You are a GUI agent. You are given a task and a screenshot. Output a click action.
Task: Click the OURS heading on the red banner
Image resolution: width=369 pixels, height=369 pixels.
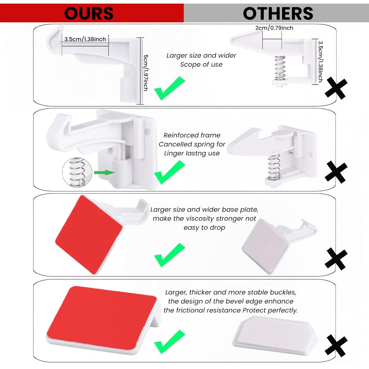pyautogui.click(x=89, y=14)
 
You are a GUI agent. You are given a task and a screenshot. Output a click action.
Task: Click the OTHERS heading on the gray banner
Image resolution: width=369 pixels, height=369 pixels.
pyautogui.click(x=278, y=14)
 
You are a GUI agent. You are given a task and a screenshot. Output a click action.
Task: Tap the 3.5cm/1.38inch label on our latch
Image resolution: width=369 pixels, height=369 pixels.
pyautogui.click(x=85, y=39)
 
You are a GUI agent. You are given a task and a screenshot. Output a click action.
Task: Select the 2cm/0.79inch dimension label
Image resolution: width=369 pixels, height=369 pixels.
pyautogui.click(x=274, y=28)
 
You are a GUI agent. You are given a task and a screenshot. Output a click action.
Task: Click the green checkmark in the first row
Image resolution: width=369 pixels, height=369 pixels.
pyautogui.click(x=169, y=88)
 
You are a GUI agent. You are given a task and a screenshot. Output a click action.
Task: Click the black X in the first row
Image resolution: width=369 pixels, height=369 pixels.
pyautogui.click(x=336, y=88)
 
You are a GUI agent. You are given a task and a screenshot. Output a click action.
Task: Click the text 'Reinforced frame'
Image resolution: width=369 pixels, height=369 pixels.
pyautogui.click(x=192, y=135)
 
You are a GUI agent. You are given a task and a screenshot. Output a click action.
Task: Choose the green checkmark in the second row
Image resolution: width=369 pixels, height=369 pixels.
pyautogui.click(x=169, y=172)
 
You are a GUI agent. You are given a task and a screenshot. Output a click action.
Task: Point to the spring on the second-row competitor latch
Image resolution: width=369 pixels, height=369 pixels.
pyautogui.click(x=274, y=166)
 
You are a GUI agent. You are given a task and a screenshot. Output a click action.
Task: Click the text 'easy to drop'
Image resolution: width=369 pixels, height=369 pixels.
pyautogui.click(x=204, y=227)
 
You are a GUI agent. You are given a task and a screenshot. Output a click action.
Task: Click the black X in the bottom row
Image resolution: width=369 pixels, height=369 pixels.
pyautogui.click(x=336, y=345)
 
